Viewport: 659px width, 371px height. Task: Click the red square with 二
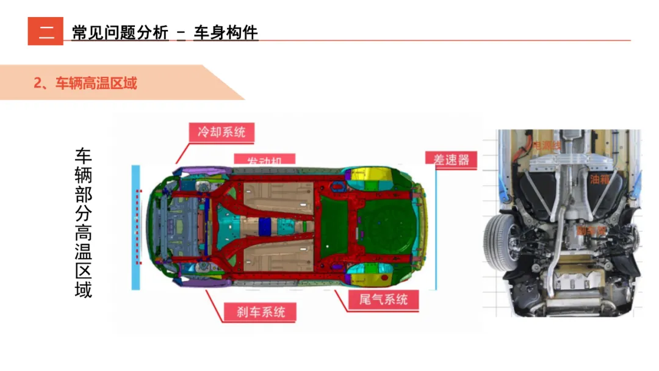45,31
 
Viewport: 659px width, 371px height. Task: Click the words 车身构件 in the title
226,32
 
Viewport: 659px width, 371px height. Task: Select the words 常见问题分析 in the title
120,32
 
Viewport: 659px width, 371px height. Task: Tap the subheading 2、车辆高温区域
85,83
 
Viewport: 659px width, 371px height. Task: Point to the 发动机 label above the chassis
264,160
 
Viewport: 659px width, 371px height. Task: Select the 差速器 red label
451,159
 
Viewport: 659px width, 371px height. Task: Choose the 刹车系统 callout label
261,312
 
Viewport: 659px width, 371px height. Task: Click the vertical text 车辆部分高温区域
84,223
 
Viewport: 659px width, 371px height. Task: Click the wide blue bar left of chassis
135,227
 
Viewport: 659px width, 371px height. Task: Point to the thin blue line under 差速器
436,229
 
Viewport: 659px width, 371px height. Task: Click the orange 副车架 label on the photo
591,231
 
